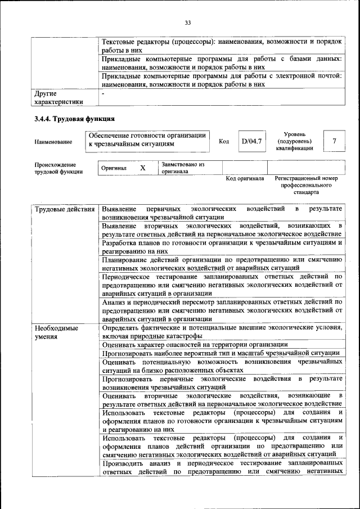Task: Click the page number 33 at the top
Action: click(188, 22)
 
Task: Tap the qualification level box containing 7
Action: click(335, 141)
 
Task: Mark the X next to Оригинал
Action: click(142, 168)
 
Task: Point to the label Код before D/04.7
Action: click(223, 141)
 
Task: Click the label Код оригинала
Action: click(245, 178)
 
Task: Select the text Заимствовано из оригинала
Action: click(182, 168)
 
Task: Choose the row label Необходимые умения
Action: click(56, 332)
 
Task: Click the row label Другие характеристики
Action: click(58, 97)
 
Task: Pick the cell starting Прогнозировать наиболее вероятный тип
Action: click(220, 353)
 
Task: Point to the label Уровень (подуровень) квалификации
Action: click(294, 141)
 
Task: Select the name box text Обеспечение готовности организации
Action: click(146, 139)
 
